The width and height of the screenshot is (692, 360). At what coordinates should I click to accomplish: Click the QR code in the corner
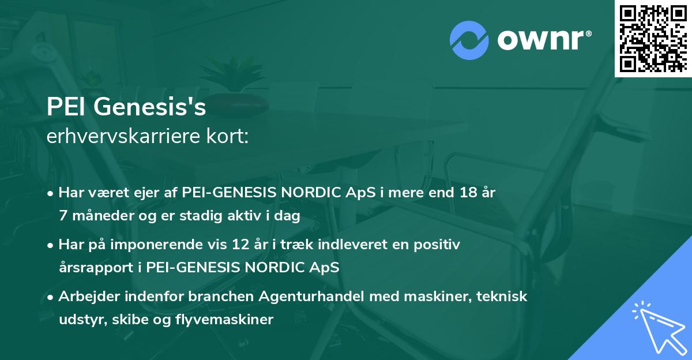click(x=652, y=38)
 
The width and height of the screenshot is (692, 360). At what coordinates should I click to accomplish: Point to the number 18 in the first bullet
click(x=465, y=192)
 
